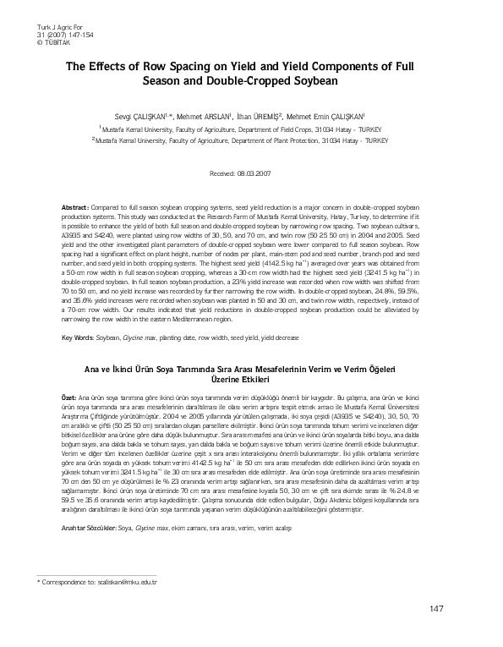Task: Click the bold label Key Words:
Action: [x=78, y=338]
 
